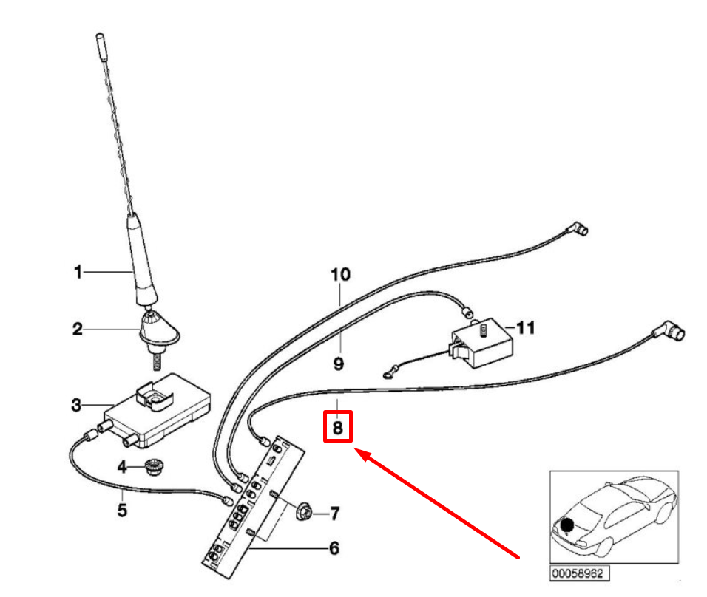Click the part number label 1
(x=78, y=273)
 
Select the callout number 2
(x=78, y=329)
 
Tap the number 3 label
(x=78, y=405)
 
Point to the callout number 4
(x=123, y=466)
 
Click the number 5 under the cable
(x=122, y=509)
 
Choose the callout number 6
(x=334, y=548)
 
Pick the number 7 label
(x=334, y=512)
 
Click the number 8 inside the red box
(x=337, y=427)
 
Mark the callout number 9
(x=338, y=364)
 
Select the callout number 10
(x=340, y=275)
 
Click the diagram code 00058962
(x=579, y=573)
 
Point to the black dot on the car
(x=567, y=526)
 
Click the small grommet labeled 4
(x=154, y=467)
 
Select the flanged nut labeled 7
(x=303, y=511)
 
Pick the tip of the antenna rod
(x=100, y=37)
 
